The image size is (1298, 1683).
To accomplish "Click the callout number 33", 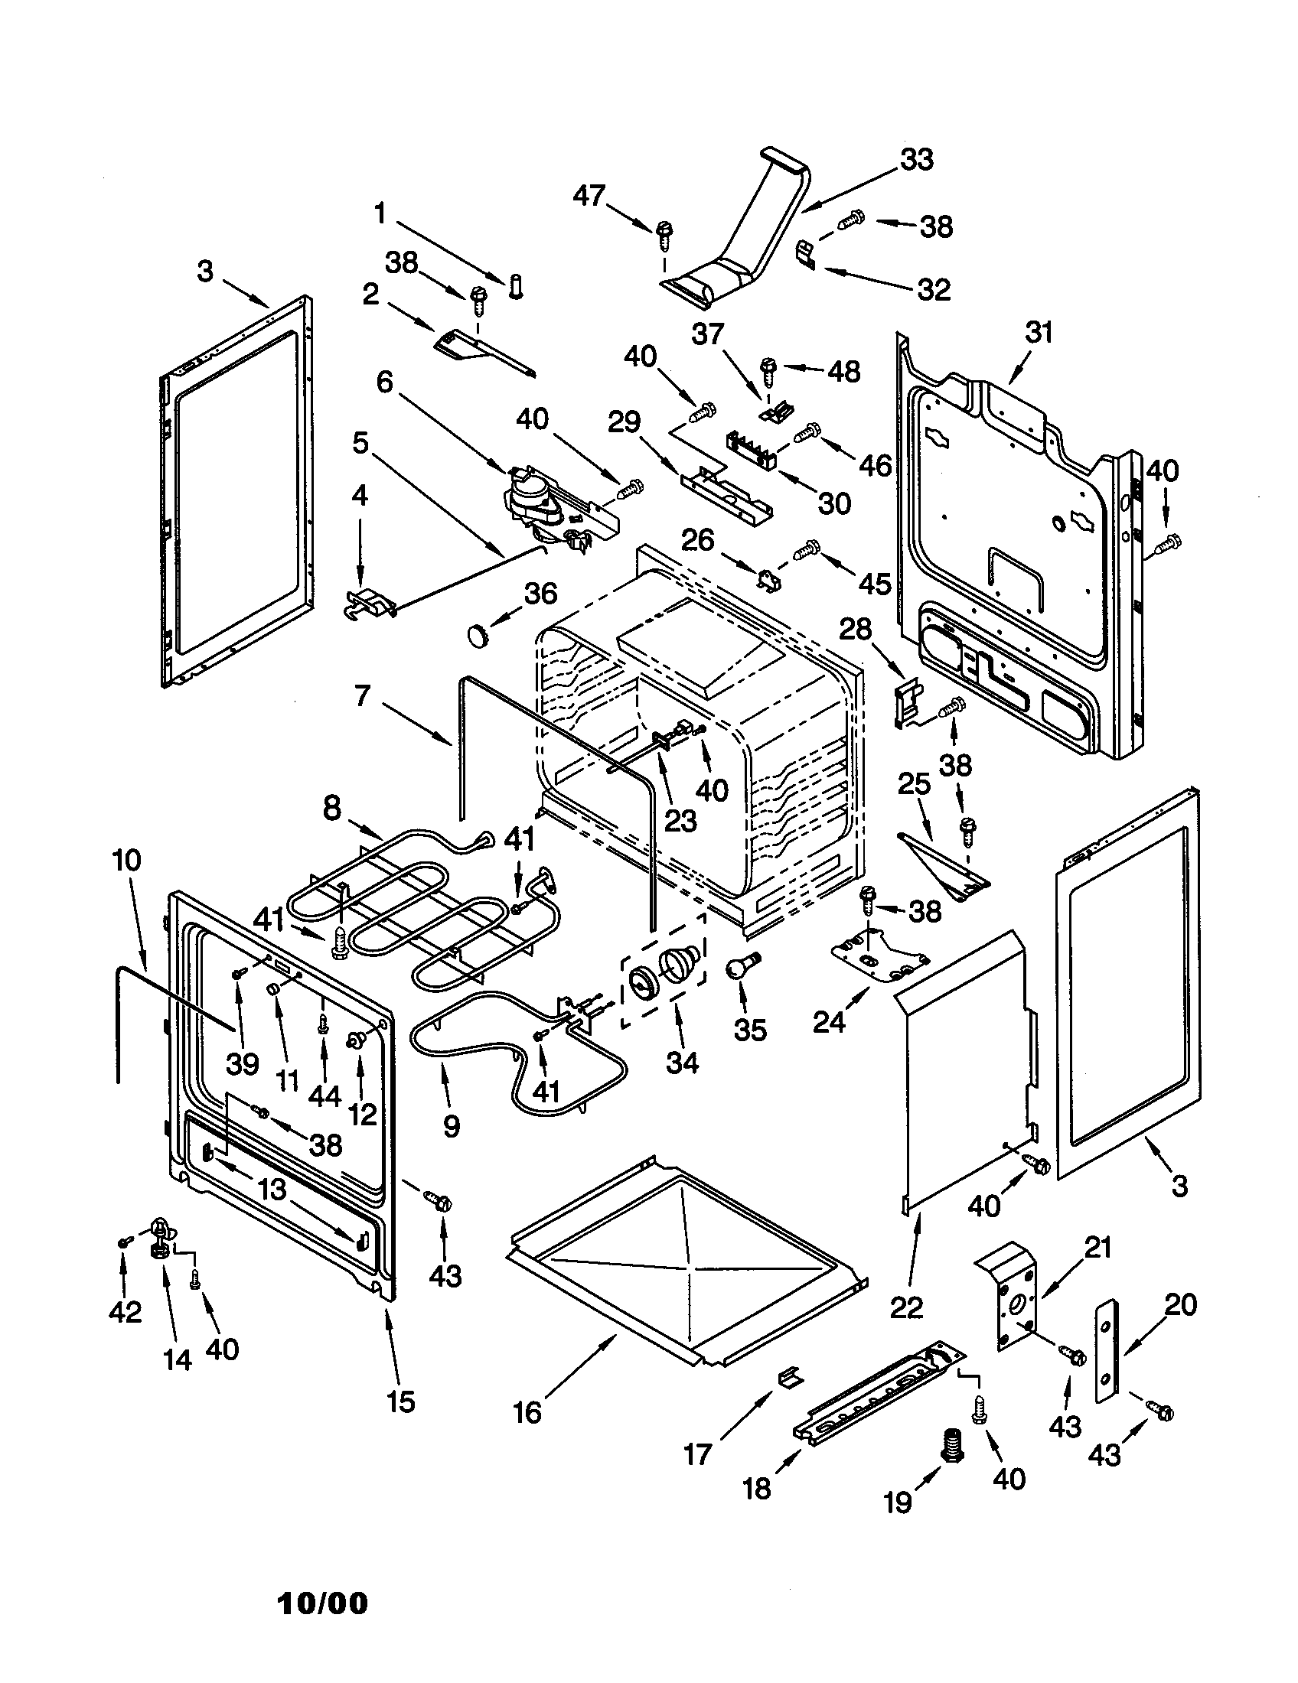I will click(x=915, y=160).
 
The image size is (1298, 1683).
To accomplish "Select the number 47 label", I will click(x=589, y=196).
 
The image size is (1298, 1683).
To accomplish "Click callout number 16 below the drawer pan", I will click(x=528, y=1412).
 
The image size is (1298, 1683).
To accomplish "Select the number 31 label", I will click(x=1039, y=333).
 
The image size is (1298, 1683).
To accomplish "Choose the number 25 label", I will click(x=914, y=784).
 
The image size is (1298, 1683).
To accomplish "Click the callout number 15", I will click(x=400, y=1401).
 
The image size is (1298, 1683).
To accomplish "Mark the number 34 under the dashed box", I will click(x=682, y=1063).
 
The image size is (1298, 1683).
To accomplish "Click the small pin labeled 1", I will click(x=516, y=288).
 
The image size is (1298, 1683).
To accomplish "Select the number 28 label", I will click(x=855, y=630).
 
